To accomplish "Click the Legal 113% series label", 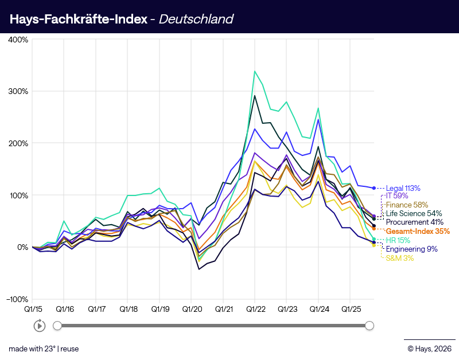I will click(x=403, y=188).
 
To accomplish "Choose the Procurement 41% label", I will click(x=414, y=222).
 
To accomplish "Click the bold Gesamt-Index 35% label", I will click(x=418, y=232).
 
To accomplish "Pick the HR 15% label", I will click(x=399, y=240).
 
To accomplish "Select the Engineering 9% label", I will click(x=411, y=249).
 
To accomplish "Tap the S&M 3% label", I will click(x=399, y=259).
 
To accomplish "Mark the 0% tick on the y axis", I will click(x=22, y=247).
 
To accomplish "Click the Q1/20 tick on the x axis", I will click(x=192, y=308).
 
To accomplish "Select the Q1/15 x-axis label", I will click(x=33, y=308).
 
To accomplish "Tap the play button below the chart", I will click(x=40, y=326).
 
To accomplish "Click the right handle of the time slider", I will click(x=369, y=326).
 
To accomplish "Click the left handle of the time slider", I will click(x=57, y=326).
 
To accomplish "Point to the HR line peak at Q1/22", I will click(x=255, y=71).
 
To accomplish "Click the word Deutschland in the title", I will click(x=196, y=19).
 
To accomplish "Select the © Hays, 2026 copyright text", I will click(x=429, y=349).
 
